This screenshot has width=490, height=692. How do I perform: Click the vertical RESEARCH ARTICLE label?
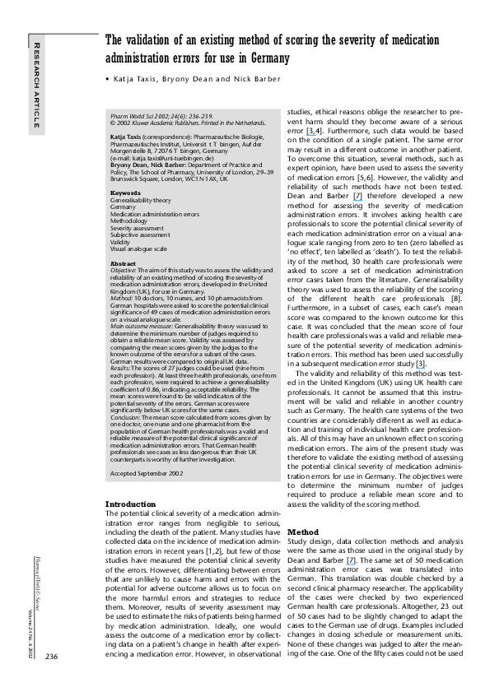[35, 82]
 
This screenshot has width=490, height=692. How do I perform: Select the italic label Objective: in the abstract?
[123, 269]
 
